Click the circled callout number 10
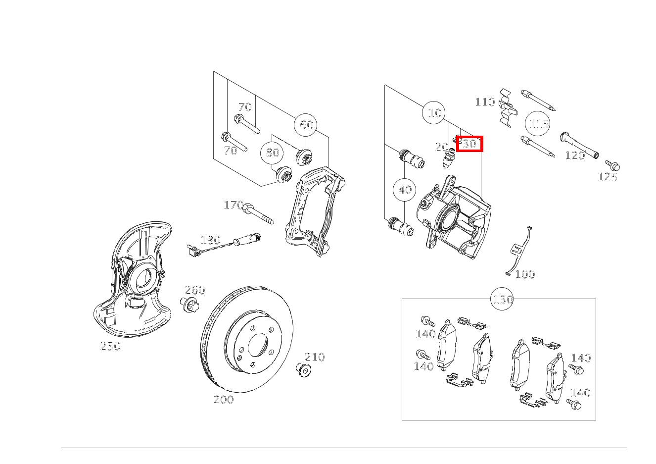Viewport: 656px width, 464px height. [434, 112]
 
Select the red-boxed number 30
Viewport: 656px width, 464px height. [469, 144]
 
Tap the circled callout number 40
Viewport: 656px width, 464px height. [405, 190]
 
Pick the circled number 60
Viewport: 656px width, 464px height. [306, 125]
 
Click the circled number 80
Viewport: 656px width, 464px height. [272, 153]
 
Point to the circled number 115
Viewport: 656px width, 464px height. [538, 123]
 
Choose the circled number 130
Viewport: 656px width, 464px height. [502, 299]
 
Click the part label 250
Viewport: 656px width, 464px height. [110, 346]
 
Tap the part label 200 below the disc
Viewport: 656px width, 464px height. [224, 400]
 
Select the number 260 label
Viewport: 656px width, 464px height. [195, 290]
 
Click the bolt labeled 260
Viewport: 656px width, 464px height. [189, 305]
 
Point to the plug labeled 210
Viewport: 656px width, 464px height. [303, 370]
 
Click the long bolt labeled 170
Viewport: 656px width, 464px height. [258, 213]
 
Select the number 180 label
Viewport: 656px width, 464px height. [210, 240]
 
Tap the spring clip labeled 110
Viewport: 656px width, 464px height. [508, 108]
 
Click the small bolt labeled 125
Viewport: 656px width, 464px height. [613, 165]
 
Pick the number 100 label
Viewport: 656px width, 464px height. [525, 275]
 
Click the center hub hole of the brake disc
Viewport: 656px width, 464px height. [258, 345]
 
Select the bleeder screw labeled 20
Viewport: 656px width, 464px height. [449, 158]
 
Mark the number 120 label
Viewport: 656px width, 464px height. [575, 155]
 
